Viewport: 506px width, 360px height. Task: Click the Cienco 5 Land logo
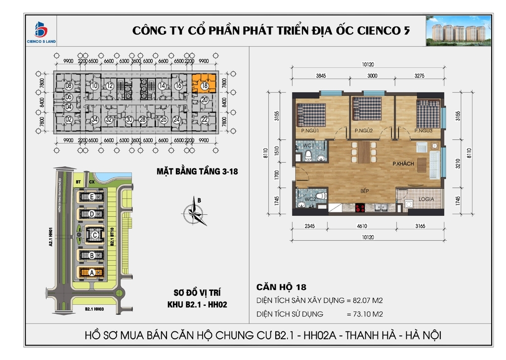tap(41, 32)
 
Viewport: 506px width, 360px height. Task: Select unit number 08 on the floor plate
tap(69, 85)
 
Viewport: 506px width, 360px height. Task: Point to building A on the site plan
tap(91, 272)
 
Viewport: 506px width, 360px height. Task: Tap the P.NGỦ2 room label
tap(363, 130)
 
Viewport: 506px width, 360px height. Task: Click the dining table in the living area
tap(365, 153)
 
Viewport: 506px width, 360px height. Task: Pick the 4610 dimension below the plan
tap(363, 227)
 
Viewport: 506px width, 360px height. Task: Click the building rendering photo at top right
tap(459, 30)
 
